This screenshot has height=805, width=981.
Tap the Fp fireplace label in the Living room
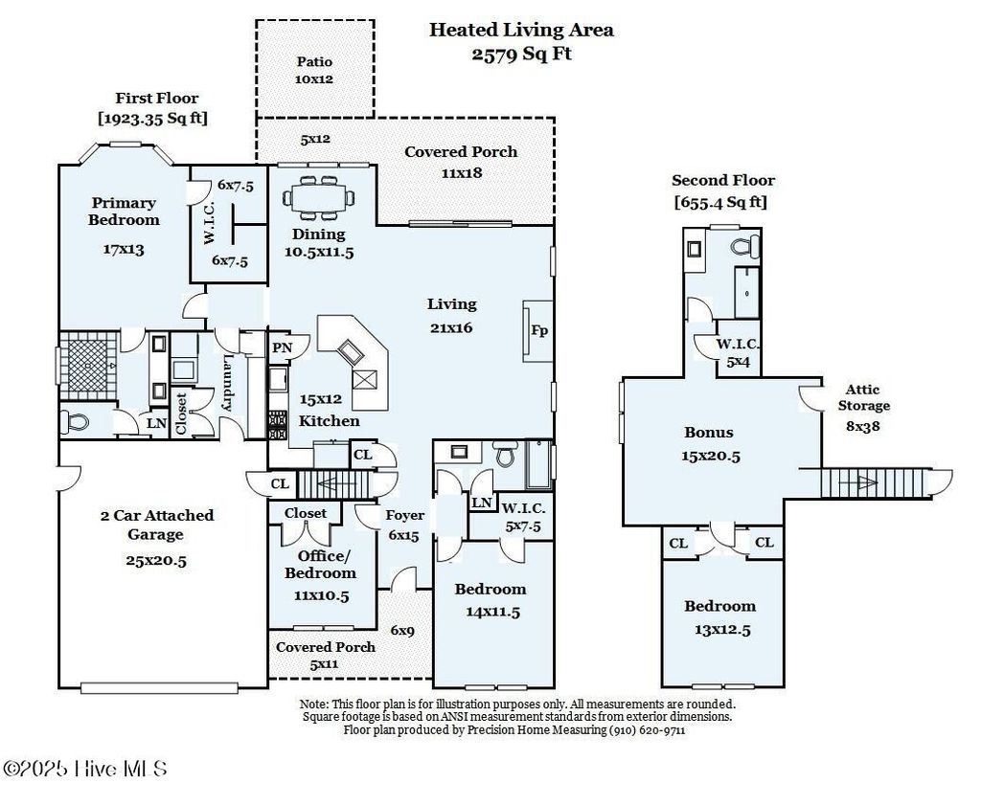[x=538, y=330]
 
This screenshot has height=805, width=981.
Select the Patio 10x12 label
[x=314, y=70]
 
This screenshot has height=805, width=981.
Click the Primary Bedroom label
[x=124, y=212]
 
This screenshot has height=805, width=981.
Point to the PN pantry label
[x=283, y=347]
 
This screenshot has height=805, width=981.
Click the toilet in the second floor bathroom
[x=745, y=246]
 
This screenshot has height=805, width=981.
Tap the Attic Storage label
[x=863, y=397]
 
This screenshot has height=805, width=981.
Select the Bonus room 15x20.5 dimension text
[x=711, y=457]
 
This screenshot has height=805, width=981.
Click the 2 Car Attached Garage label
[x=156, y=525]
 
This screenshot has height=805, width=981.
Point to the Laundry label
[x=228, y=383]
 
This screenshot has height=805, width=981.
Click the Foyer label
[x=404, y=515]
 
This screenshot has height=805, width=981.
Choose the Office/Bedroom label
[x=320, y=565]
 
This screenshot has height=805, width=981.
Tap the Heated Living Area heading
[x=521, y=30]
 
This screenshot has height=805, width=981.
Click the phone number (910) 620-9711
[x=648, y=730]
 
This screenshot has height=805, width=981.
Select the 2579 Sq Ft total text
[x=521, y=54]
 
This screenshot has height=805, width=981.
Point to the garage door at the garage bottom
[x=159, y=687]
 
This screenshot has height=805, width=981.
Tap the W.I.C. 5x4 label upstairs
[x=739, y=352]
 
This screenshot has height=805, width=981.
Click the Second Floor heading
[x=723, y=181]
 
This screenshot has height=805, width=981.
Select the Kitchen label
[x=330, y=421]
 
